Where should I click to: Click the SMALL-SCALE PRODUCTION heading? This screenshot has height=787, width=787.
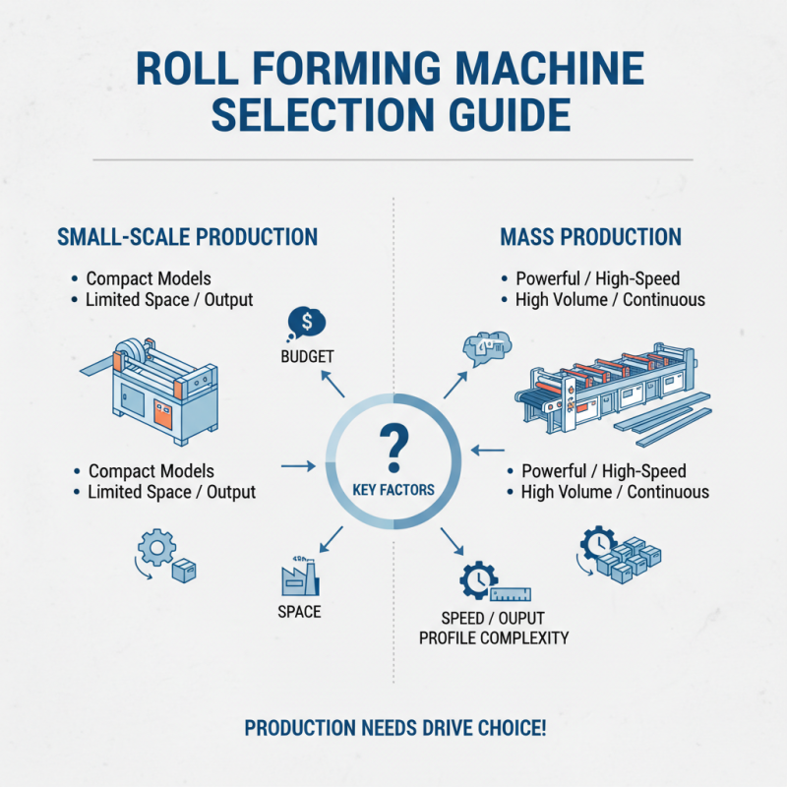pos(187,237)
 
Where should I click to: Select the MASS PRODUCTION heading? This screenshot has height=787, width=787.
pos(591,237)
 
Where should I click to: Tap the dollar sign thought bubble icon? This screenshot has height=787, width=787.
pos(306,324)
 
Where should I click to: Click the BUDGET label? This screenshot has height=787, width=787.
pos(307,356)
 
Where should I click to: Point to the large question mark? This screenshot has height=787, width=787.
pos(394,448)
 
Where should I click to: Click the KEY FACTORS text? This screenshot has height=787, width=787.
pos(393,490)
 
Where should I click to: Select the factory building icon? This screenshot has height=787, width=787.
pos(301,575)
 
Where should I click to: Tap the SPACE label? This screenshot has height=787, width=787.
pos(300,612)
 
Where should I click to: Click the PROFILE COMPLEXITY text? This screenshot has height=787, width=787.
pos(494,637)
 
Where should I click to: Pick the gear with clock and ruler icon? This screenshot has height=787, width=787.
pos(495,581)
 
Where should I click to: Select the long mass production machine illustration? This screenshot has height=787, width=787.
pos(612,395)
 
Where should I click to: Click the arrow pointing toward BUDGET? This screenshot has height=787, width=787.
pos(333,384)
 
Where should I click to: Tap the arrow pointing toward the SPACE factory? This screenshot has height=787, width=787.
pos(332,539)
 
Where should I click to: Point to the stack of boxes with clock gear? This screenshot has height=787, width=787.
pos(619,556)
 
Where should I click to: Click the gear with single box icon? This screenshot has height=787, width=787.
pos(165,555)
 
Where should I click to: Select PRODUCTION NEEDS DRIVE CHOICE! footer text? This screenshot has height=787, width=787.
pos(395,728)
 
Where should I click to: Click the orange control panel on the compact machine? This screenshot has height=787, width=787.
pos(162,414)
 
